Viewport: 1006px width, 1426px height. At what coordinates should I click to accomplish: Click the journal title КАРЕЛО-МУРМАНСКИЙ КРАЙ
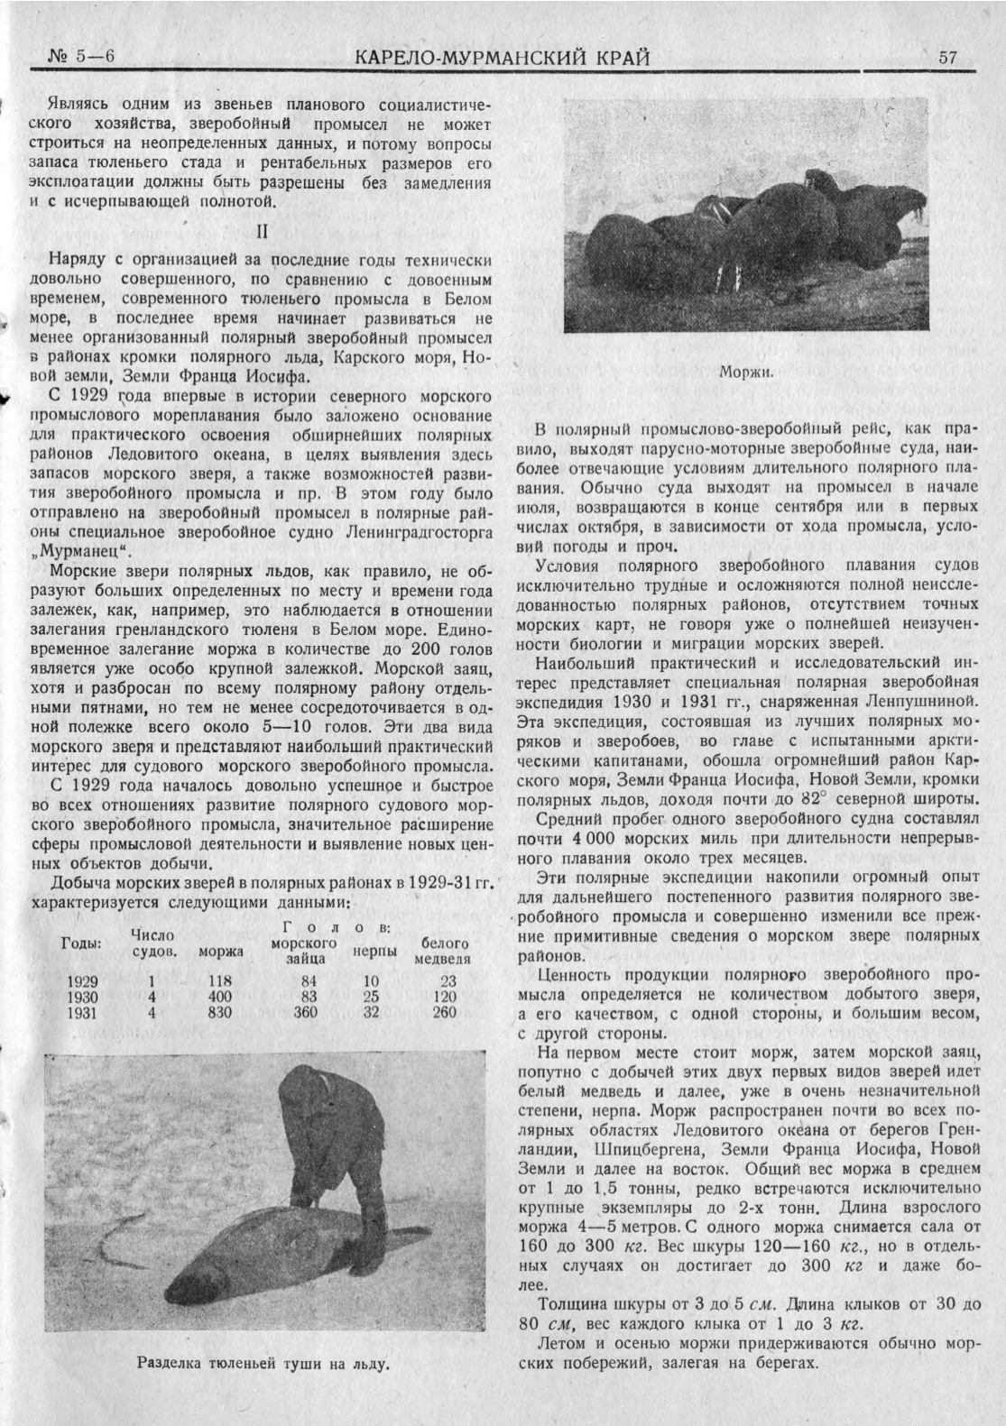(x=503, y=59)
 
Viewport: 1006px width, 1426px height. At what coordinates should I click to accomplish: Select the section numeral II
(x=262, y=231)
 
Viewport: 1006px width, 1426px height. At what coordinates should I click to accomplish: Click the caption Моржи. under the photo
(x=745, y=371)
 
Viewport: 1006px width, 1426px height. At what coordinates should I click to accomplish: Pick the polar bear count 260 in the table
(x=444, y=1013)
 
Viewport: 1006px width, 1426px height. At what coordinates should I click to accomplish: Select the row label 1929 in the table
(x=83, y=980)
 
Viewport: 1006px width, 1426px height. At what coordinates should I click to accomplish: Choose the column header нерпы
(x=370, y=951)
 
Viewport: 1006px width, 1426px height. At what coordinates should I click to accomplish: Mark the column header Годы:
(x=81, y=943)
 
